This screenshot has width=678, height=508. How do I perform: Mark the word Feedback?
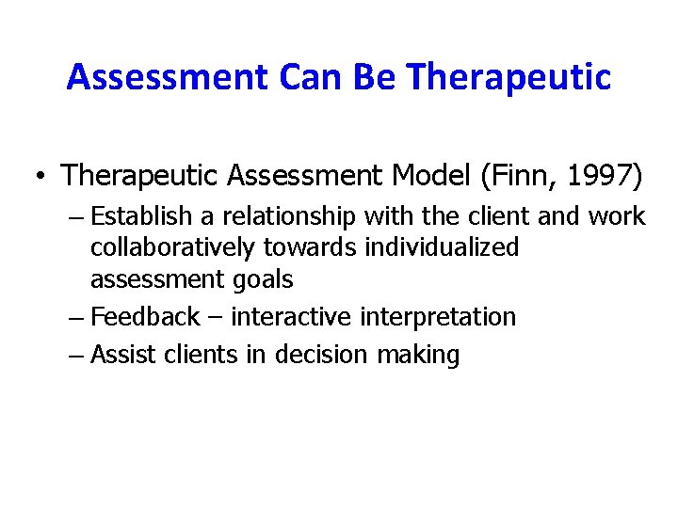tap(145, 317)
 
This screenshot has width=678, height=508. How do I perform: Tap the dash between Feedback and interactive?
tap(216, 317)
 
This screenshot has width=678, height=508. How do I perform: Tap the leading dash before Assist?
tap(76, 356)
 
